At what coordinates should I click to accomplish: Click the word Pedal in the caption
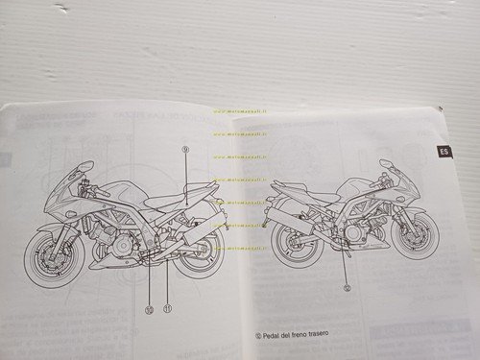pyautogui.click(x=278, y=336)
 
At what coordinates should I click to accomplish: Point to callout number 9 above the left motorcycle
pyautogui.click(x=186, y=149)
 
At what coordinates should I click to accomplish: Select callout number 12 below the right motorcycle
pyautogui.click(x=347, y=286)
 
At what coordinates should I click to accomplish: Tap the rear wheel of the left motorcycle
pyautogui.click(x=196, y=252)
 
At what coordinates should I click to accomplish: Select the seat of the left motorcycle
pyautogui.click(x=163, y=203)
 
